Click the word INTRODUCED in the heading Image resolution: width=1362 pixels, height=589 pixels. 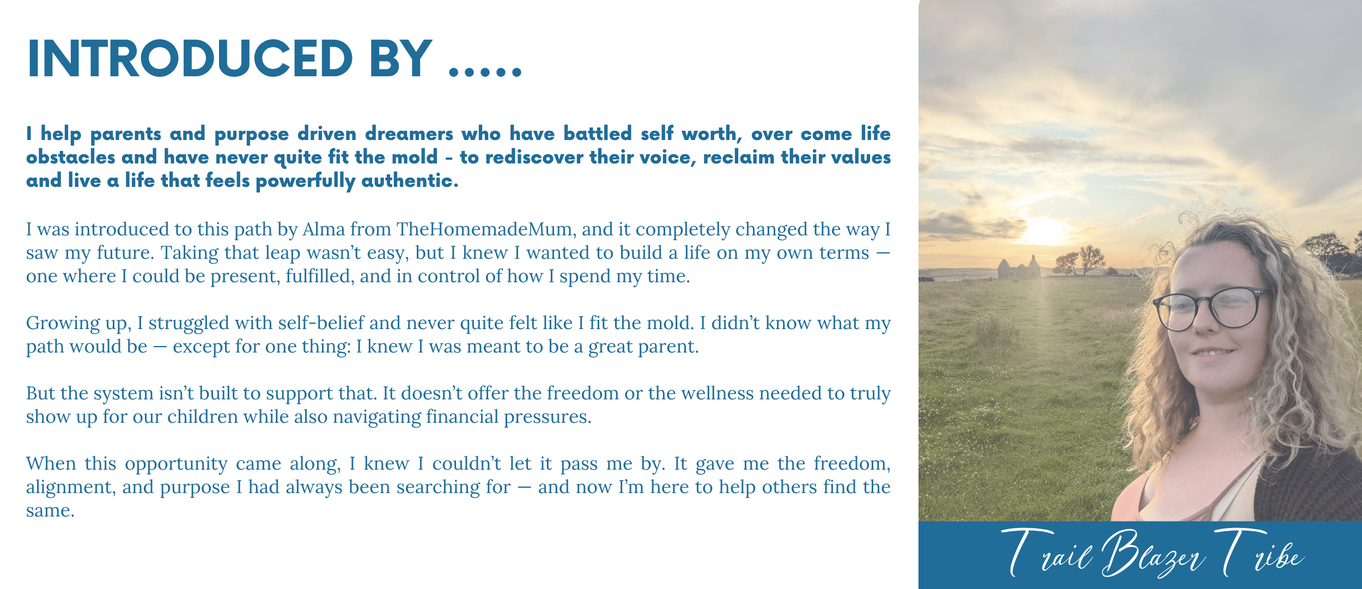pos(190,59)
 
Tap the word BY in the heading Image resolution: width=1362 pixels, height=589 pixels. pos(401,59)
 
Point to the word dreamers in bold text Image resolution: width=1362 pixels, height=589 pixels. pos(409,134)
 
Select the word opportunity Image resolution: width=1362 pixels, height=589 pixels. pos(176,464)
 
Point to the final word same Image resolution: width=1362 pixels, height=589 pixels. pos(50,511)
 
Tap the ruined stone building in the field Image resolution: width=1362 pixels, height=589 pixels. pos(1019,267)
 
